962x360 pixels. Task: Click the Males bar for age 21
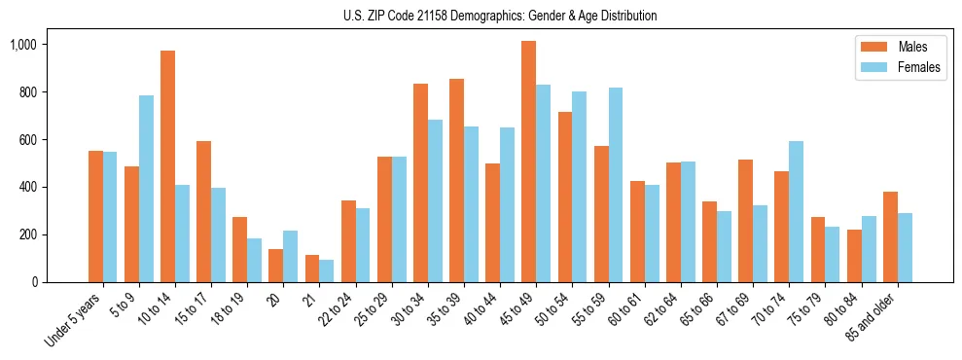coord(312,269)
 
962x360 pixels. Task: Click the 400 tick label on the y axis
coord(28,187)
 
